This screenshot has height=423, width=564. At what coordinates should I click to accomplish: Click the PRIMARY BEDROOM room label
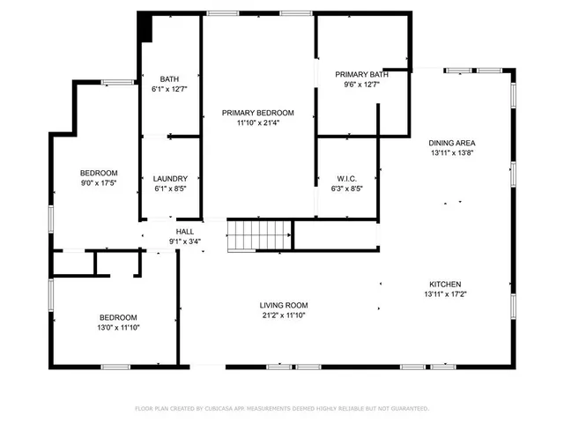[x=257, y=113]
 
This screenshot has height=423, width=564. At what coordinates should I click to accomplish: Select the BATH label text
[x=169, y=78]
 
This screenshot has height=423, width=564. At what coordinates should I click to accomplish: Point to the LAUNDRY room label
[x=170, y=178]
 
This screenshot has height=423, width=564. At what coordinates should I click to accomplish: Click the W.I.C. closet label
[x=346, y=178]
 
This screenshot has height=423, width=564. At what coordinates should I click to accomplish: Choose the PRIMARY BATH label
[x=360, y=75]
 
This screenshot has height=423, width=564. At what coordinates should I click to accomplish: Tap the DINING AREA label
[x=452, y=143]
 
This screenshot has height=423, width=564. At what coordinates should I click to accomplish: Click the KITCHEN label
[x=445, y=284]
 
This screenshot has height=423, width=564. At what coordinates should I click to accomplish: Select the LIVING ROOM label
[x=284, y=305]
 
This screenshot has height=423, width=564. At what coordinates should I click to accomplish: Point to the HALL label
[x=184, y=232]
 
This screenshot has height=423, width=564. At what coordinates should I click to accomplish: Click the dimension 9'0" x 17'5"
[x=99, y=183]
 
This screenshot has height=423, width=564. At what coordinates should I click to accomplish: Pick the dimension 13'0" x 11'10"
[x=117, y=328]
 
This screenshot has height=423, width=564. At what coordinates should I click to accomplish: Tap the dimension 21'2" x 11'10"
[x=284, y=315]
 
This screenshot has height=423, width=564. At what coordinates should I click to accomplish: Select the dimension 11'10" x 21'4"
[x=257, y=123]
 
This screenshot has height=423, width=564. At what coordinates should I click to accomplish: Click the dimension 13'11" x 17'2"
[x=445, y=294]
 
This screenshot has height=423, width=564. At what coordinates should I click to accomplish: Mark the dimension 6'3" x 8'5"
[x=346, y=189]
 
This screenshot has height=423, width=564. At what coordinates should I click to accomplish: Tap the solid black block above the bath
[x=145, y=29]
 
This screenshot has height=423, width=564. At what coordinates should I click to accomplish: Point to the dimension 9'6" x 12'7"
[x=360, y=85]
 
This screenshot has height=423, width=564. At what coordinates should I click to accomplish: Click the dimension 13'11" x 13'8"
[x=452, y=153]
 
